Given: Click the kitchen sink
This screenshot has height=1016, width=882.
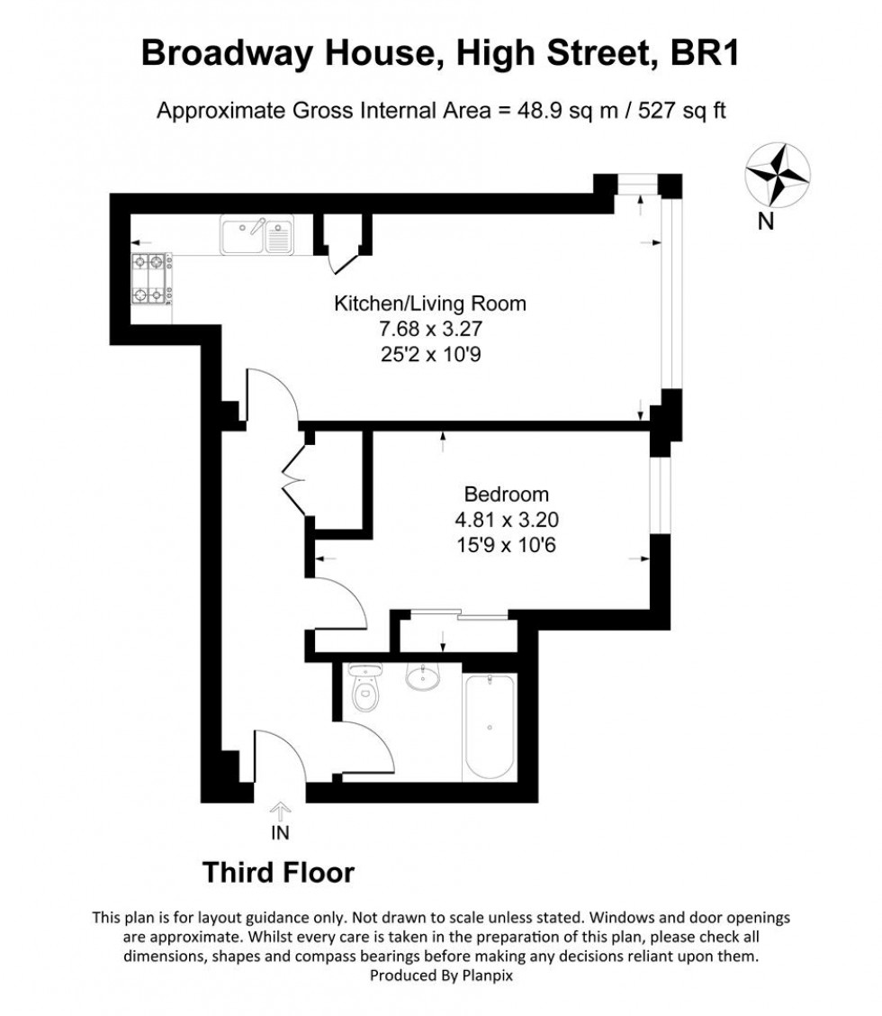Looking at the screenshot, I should (x=256, y=236).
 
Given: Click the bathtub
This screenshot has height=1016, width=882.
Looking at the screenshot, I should (x=489, y=728).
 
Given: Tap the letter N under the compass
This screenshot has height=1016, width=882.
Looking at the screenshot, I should (x=766, y=222).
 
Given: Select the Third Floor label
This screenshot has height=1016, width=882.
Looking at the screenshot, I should (x=278, y=872).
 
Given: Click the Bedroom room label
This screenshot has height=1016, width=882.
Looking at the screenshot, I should (x=506, y=494).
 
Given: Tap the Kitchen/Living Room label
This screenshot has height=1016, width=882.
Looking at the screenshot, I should (x=430, y=304).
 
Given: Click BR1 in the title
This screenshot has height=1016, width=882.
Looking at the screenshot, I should (x=706, y=53).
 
